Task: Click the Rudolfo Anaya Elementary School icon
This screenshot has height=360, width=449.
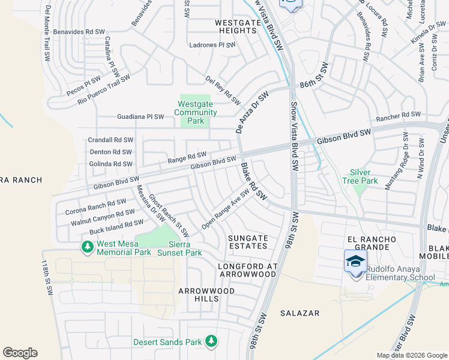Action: tap(355, 262)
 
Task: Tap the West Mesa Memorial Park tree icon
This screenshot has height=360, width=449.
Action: tap(88, 247)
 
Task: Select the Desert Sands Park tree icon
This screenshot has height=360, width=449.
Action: tap(211, 341)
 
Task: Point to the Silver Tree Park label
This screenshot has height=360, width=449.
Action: tap(360, 176)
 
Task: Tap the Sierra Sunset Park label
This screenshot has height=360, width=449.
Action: tap(179, 248)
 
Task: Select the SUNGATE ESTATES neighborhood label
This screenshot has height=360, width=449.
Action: tap(248, 242)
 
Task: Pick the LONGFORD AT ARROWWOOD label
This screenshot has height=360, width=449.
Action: tap(247, 269)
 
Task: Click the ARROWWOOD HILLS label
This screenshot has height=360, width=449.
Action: tap(206, 295)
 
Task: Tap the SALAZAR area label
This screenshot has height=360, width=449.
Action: tap(300, 313)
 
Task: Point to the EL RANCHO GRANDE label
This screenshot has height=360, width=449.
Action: tap(372, 243)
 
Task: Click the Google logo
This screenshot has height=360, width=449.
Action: tap(20, 353)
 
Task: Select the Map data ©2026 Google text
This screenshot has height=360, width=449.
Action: tap(411, 355)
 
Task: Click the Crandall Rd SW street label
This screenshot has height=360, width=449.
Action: tap(110, 139)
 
